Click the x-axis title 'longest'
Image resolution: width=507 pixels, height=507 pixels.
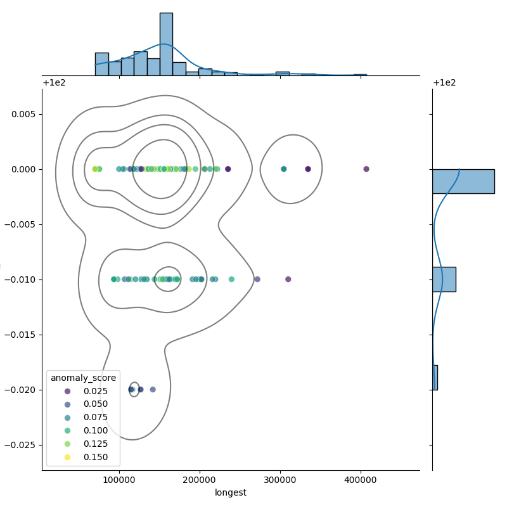[231, 492]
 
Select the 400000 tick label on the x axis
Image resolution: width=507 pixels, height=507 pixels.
[361, 480]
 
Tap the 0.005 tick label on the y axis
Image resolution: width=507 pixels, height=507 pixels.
[23, 114]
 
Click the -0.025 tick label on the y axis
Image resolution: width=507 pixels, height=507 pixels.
[21, 445]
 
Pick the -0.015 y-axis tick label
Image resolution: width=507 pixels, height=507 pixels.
[21, 335]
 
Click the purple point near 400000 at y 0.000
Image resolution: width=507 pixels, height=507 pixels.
[366, 169]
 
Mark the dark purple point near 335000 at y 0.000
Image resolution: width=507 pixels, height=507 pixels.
[308, 169]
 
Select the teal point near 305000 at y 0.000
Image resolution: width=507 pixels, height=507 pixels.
[284, 169]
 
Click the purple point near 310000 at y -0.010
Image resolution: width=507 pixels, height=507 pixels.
[288, 279]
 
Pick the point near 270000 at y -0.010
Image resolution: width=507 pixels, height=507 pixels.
[257, 279]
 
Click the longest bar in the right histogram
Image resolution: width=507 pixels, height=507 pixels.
[463, 181]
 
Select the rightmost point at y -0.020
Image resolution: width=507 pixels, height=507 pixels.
[153, 390]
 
